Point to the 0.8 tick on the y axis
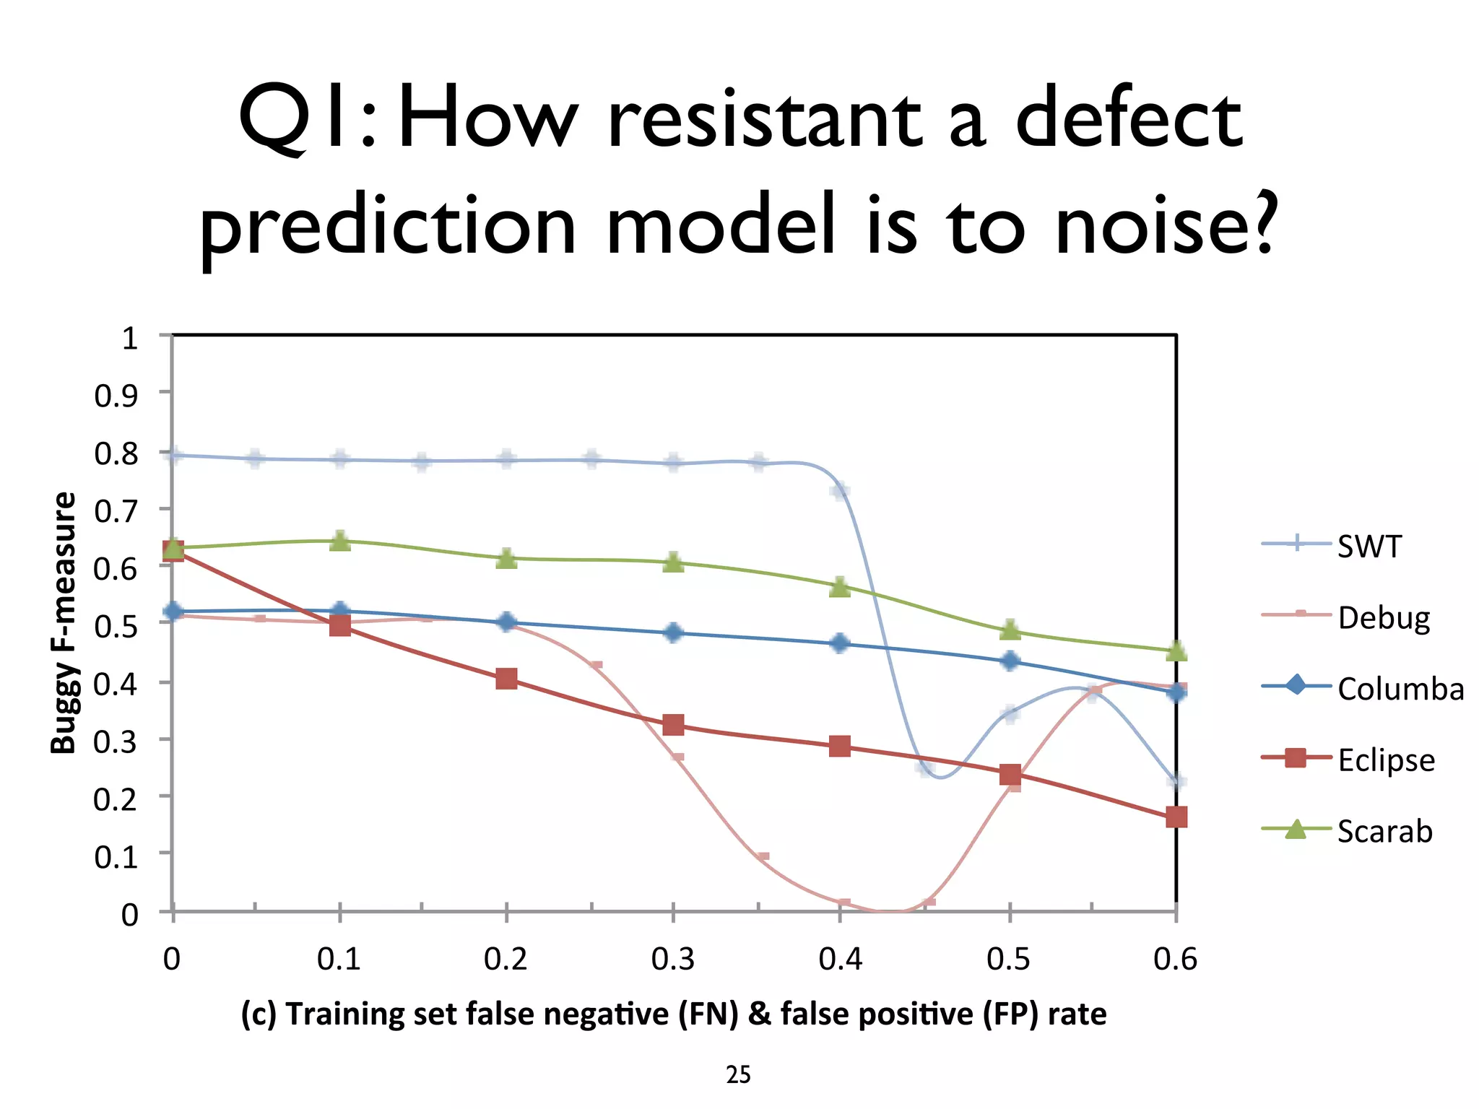coord(116,453)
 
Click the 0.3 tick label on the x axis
coord(672,960)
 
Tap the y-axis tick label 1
coord(129,338)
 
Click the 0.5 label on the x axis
coord(1008,960)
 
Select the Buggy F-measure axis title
coord(64,623)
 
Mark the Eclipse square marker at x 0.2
coord(506,679)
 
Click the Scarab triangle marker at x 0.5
coord(1010,630)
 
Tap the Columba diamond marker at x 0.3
coord(673,633)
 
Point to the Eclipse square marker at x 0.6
coord(1176,817)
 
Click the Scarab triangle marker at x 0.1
coord(339,542)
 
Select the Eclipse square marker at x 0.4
coord(839,747)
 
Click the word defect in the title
coord(1129,119)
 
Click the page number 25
coord(738,1075)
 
